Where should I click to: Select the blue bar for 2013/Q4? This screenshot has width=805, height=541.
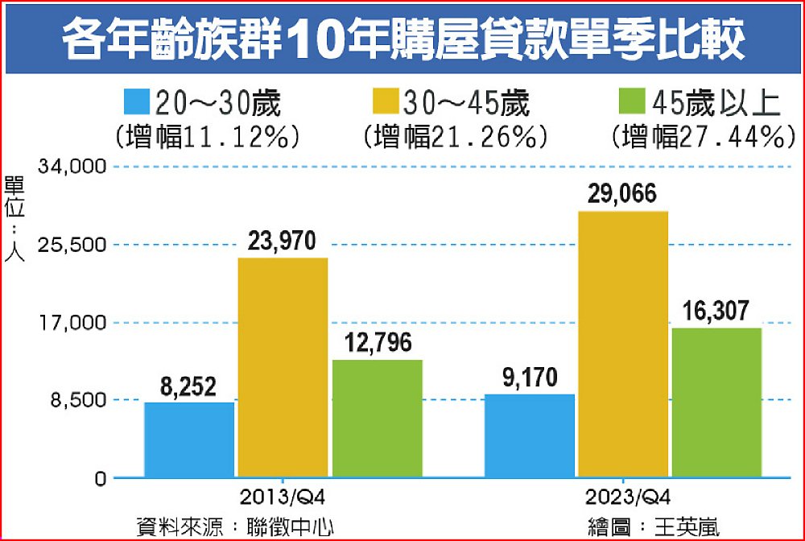(x=190, y=440)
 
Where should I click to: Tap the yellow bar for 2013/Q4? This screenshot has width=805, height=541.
(x=282, y=367)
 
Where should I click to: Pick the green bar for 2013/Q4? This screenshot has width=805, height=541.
(x=377, y=418)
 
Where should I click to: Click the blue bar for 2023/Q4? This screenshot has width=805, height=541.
(x=530, y=436)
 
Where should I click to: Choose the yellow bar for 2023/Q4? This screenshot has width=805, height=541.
(x=622, y=344)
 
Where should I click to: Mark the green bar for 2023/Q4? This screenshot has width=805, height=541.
(x=716, y=402)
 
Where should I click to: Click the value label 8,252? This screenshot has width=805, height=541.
(x=188, y=387)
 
